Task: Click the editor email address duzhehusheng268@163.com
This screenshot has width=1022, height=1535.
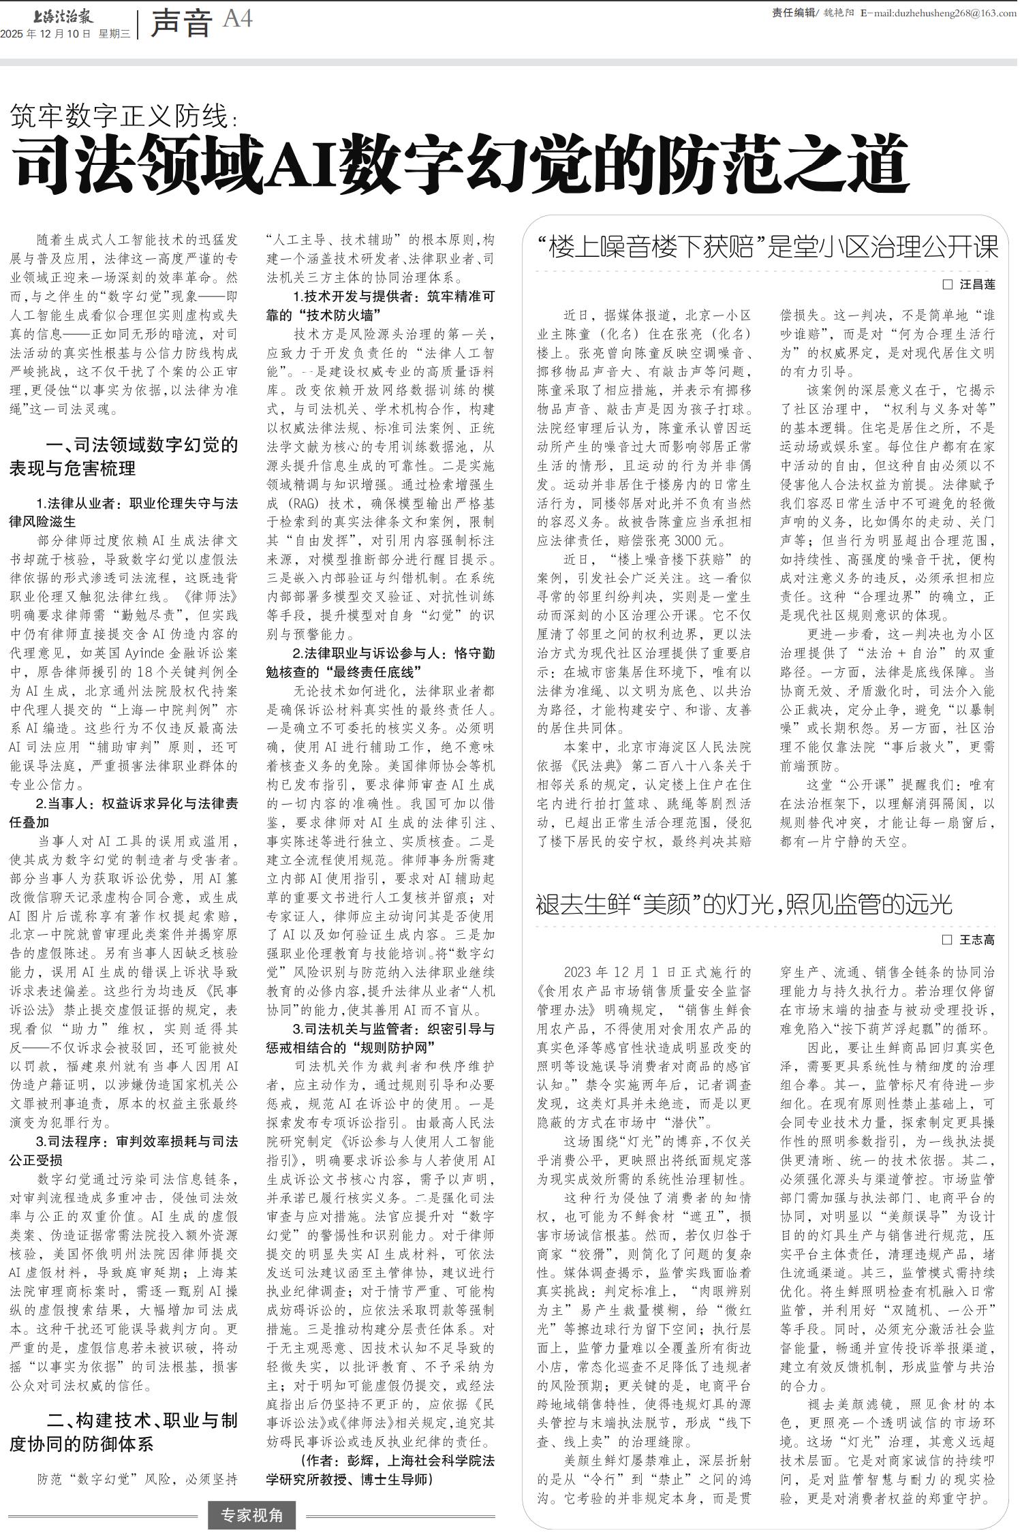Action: pyautogui.click(x=945, y=12)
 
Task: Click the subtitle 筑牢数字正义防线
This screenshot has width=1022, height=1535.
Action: pyautogui.click(x=123, y=117)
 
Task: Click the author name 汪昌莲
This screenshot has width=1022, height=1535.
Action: pyautogui.click(x=976, y=285)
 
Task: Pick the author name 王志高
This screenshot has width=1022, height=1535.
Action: pyautogui.click(x=976, y=940)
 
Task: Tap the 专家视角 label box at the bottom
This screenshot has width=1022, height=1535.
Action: pyautogui.click(x=252, y=1515)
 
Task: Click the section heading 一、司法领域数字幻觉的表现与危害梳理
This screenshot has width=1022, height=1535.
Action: pyautogui.click(x=123, y=456)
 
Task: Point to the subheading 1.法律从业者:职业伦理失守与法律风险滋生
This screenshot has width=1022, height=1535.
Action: pyautogui.click(x=123, y=512)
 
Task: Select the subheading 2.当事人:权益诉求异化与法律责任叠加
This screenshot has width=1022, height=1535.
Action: pyautogui.click(x=123, y=813)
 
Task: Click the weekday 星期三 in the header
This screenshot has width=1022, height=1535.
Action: pyautogui.click(x=114, y=33)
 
